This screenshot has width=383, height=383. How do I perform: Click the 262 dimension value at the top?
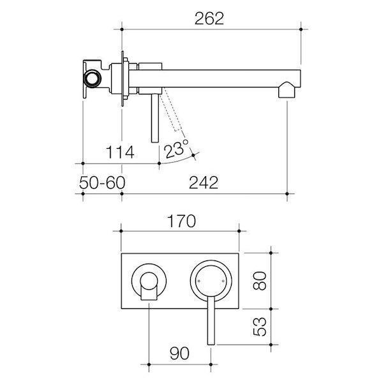pyautogui.click(x=210, y=19)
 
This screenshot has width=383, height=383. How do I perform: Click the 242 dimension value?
pyautogui.click(x=204, y=183)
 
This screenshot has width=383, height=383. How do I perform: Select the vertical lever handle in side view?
pyautogui.click(x=154, y=118)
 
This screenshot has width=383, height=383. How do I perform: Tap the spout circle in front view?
pyautogui.click(x=149, y=281)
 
